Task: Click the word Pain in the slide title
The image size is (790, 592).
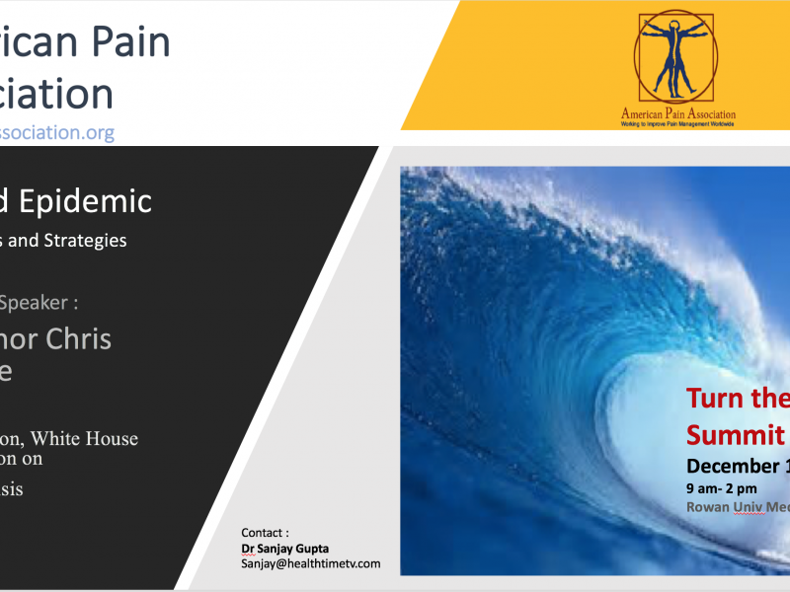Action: [x=131, y=42]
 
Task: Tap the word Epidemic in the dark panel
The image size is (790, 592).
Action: [x=94, y=201]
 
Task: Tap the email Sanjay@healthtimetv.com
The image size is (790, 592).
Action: [x=310, y=563]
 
